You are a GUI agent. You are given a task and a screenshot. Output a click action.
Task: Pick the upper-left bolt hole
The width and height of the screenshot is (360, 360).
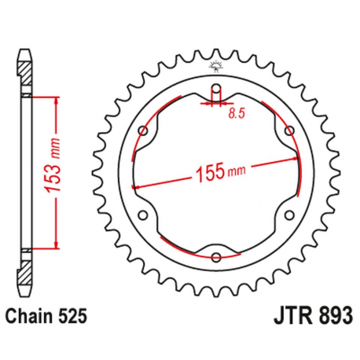142,130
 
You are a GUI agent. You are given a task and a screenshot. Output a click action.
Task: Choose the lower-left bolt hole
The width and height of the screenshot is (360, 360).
142,215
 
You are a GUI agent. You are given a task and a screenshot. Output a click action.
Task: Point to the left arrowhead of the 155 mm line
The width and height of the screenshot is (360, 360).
137,186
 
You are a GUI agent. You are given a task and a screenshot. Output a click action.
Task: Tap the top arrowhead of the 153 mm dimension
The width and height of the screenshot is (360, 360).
56,100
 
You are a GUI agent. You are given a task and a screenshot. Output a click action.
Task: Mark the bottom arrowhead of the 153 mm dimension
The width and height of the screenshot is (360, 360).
56,244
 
